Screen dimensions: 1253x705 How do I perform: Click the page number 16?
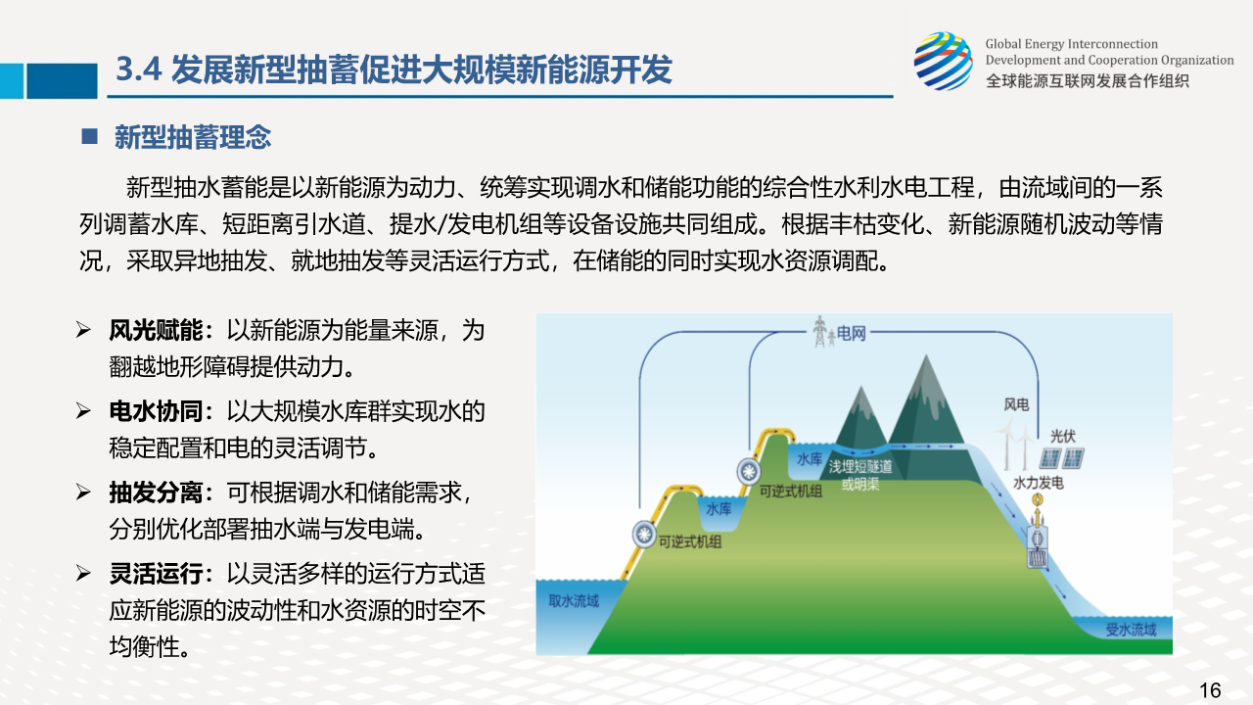click(1210, 690)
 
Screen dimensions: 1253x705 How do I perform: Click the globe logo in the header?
click(944, 61)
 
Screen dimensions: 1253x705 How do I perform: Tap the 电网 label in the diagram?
click(851, 334)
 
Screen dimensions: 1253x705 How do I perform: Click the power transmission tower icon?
click(820, 332)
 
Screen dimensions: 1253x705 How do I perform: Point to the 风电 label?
click(1016, 404)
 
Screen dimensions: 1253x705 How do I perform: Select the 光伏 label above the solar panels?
click(1063, 436)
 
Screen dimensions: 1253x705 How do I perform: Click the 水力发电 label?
click(1039, 483)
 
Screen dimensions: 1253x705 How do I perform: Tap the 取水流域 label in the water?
click(574, 601)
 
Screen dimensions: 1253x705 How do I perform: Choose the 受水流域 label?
click(1131, 630)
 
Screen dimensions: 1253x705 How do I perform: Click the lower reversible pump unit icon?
click(644, 535)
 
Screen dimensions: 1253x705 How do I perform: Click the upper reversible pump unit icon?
click(749, 472)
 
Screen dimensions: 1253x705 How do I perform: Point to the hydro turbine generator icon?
click(1037, 540)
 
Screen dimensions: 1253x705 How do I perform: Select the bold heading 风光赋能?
click(156, 331)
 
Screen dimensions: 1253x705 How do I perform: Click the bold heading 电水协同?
click(156, 412)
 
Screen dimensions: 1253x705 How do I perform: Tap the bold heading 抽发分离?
click(156, 493)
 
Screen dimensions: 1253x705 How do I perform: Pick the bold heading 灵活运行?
click(156, 574)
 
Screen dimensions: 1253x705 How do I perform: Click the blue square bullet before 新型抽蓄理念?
click(89, 136)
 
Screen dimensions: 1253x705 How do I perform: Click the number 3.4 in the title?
click(139, 70)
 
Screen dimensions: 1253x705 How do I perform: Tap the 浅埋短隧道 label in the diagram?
click(860, 467)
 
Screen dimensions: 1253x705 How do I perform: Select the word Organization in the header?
click(1197, 60)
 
